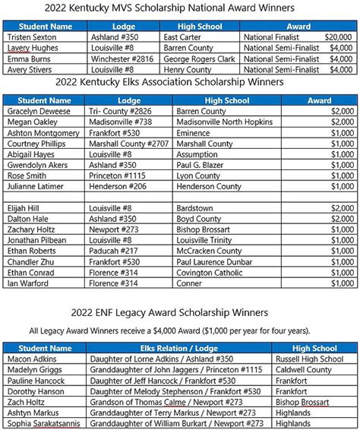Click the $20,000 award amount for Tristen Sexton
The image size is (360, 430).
338,36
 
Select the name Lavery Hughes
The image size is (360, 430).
33,47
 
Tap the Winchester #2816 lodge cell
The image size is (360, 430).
115,58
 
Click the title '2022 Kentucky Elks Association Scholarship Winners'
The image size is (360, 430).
180,82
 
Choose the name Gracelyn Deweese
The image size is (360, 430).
40,111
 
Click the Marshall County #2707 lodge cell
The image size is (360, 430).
125,143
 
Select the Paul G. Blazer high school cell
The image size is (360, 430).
203,164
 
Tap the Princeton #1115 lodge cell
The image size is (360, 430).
114,175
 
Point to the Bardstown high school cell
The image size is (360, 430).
194,208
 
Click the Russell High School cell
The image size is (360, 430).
311,359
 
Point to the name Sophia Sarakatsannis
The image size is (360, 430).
44,423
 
